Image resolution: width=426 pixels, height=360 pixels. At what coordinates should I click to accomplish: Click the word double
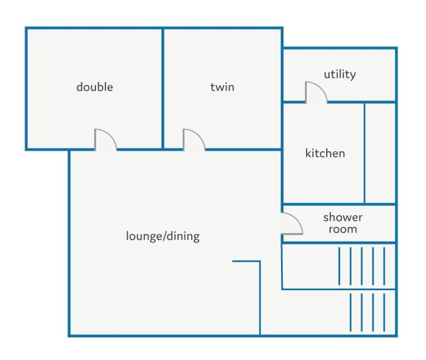pos(95,87)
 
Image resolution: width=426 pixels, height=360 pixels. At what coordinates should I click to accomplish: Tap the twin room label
pos(222,87)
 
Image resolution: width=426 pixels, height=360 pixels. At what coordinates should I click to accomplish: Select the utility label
pos(340,74)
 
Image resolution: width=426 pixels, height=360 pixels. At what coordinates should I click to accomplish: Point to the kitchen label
pos(325,153)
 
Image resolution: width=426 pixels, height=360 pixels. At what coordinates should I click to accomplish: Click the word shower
pos(343,217)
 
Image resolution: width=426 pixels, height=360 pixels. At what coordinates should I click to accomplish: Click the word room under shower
pos(343,229)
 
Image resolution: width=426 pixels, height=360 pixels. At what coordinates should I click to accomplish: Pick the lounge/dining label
pos(163,236)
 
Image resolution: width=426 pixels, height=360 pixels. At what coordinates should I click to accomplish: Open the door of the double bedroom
pos(105,140)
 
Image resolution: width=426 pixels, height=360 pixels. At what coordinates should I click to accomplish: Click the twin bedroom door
pos(193,140)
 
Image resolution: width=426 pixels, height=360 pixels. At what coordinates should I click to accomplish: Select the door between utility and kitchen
pos(316,93)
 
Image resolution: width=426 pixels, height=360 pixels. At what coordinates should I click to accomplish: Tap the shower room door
pos(292,223)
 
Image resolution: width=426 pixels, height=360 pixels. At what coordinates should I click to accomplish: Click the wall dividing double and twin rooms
pos(163,89)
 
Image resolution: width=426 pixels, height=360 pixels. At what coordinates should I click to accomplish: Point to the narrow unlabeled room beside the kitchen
pos(380,153)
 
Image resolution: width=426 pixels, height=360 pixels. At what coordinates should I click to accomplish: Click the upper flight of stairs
pos(362,266)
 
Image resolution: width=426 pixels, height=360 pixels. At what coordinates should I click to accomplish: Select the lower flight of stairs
pos(367,313)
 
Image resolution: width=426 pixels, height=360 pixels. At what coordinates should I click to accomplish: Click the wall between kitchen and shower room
pos(339,204)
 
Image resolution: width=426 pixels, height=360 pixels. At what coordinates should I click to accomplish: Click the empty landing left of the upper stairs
pos(310,266)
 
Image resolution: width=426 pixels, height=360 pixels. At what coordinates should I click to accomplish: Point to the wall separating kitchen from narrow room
pos(364,153)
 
